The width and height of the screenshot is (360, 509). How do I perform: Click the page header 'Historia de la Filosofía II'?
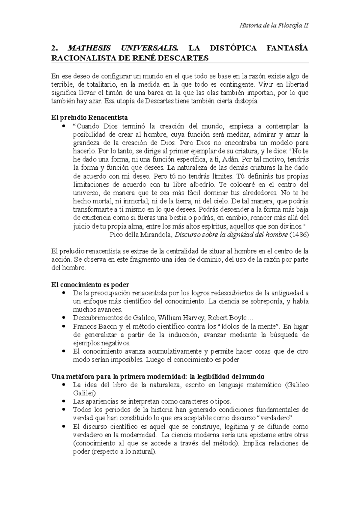[x=274, y=25]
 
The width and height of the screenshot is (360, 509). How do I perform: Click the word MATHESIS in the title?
[x=89, y=48]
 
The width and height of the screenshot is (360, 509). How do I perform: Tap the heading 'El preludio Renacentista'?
[x=90, y=117]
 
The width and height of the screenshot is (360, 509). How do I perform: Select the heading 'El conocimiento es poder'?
[x=90, y=284]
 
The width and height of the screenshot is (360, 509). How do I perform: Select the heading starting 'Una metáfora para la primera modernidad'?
[x=158, y=376]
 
